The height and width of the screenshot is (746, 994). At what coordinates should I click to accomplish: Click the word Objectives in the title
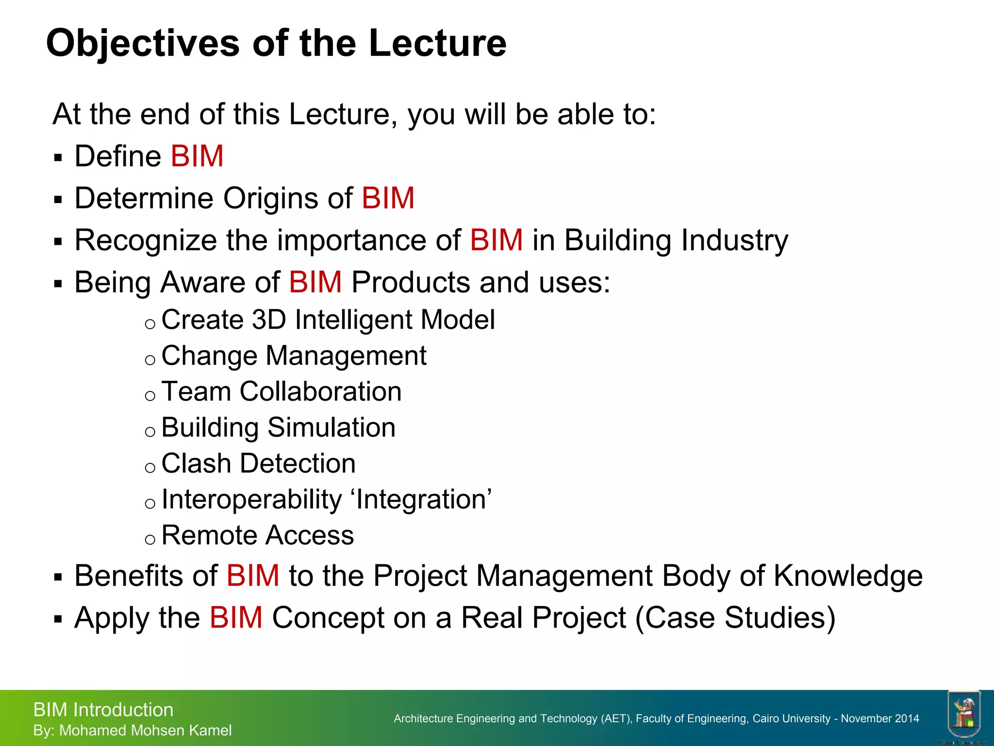[143, 44]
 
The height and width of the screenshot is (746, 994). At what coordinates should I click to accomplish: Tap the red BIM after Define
[197, 156]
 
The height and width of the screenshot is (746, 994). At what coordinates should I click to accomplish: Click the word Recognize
[146, 241]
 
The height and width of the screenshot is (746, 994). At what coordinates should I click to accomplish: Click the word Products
[410, 283]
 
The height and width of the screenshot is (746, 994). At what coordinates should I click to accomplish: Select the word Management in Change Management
[346, 356]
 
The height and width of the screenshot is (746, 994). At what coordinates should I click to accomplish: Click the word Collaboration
[320, 391]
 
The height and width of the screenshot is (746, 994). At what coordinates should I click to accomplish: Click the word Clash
[196, 463]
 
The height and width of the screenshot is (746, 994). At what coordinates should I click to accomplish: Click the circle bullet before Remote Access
[150, 539]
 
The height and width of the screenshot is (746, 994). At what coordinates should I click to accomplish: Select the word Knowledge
[847, 576]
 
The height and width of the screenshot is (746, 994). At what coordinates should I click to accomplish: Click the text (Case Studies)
[735, 618]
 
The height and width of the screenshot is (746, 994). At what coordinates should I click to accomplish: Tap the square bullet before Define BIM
[58, 158]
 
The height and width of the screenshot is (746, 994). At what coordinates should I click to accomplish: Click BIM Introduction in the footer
[103, 710]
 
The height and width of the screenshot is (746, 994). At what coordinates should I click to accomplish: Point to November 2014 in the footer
[879, 718]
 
